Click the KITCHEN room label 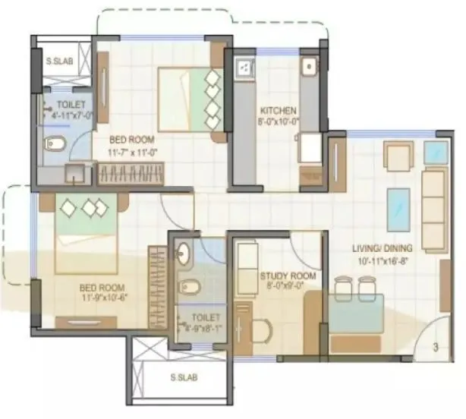(278, 109)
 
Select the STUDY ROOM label (282, 276)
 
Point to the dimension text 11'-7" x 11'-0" (132, 151)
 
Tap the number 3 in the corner (436, 348)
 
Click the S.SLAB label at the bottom (184, 377)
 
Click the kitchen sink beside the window (310, 68)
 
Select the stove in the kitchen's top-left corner (244, 68)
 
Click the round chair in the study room (260, 332)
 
